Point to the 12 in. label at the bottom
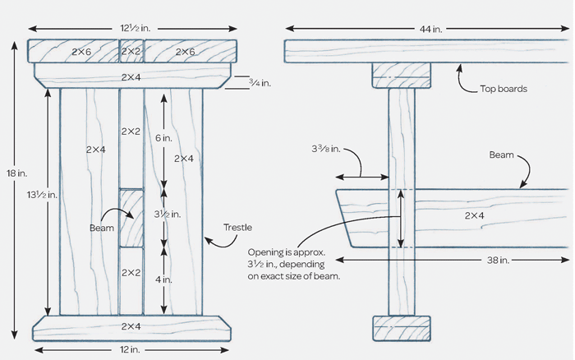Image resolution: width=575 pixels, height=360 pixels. coord(130,351)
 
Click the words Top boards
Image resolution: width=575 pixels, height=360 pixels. coord(503,87)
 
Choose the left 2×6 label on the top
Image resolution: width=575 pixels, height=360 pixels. coord(81,52)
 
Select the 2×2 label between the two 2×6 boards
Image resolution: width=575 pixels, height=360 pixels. coord(131,52)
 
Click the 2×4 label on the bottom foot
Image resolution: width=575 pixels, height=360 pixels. coord(131,327)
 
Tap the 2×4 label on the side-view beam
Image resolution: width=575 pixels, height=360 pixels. coord(476,215)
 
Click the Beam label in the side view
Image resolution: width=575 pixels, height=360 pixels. coord(502,155)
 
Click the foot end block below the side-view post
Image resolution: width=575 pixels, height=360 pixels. coord(401,327)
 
